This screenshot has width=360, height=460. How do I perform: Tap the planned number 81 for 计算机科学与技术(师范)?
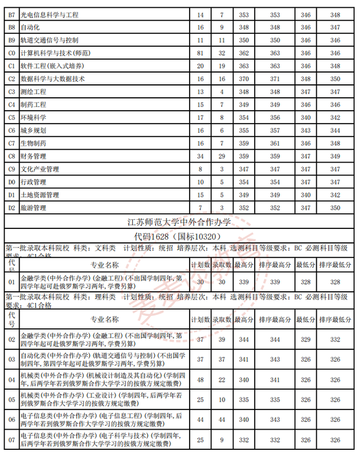tap(201, 53)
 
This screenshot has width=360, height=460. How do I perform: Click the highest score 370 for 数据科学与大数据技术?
tap(244, 79)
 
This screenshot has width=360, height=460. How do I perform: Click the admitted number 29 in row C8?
tap(222, 156)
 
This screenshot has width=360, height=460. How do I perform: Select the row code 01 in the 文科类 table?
tap(12, 282)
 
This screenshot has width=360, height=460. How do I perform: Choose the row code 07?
tap(12, 439)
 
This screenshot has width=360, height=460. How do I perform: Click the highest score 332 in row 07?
tap(244, 439)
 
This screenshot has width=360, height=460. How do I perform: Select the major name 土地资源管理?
tap(39, 195)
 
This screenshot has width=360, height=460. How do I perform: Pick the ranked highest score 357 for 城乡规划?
tap(275, 130)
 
